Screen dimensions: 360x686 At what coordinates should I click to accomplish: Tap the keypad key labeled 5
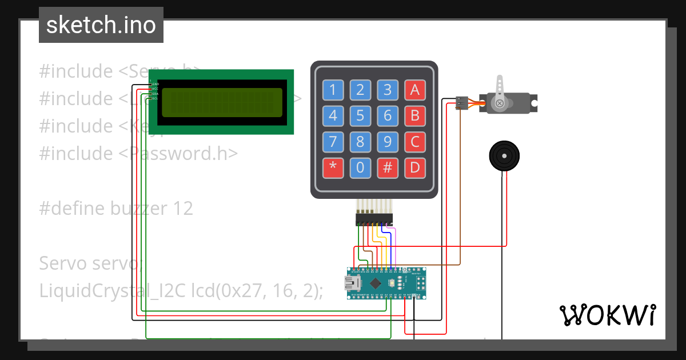pyautogui.click(x=360, y=116)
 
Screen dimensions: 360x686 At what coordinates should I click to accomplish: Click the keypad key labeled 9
pyautogui.click(x=388, y=141)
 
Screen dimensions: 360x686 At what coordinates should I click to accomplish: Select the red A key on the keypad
pyautogui.click(x=415, y=90)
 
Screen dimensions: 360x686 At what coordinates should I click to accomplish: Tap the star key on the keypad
pyautogui.click(x=333, y=167)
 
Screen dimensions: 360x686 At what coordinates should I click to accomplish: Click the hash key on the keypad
pyautogui.click(x=388, y=167)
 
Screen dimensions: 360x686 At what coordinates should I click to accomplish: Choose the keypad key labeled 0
pyautogui.click(x=360, y=167)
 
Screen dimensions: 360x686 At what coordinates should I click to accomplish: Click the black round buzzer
pyautogui.click(x=504, y=155)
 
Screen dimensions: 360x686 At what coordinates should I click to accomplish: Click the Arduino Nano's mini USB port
pyautogui.click(x=350, y=283)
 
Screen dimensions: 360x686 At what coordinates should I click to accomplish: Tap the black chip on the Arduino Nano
pyautogui.click(x=375, y=283)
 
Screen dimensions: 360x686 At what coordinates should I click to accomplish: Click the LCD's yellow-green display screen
pyautogui.click(x=222, y=103)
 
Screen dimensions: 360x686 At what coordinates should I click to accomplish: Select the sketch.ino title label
pyautogui.click(x=101, y=25)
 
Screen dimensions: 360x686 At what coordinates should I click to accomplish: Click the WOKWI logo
pyautogui.click(x=607, y=315)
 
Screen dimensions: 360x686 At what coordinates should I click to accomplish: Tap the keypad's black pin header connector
pyautogui.click(x=374, y=218)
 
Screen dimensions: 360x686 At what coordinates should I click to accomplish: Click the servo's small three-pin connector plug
pyautogui.click(x=462, y=103)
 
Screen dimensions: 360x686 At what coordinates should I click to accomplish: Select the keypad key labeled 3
pyautogui.click(x=388, y=90)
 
